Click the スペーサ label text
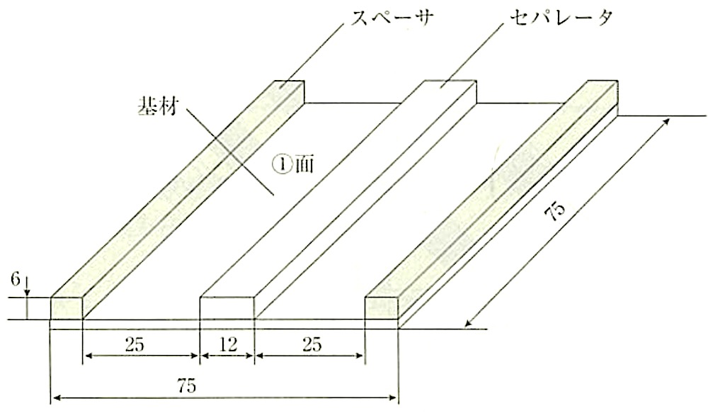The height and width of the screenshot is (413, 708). tap(393, 18)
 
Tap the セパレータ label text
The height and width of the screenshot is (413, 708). tap(561, 18)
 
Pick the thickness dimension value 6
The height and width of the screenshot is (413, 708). tap(16, 280)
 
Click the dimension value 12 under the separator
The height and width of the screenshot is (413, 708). tap(229, 345)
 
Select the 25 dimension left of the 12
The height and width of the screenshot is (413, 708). tap(135, 345)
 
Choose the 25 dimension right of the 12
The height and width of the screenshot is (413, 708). tap(312, 345)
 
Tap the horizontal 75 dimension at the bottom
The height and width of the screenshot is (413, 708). tap(186, 386)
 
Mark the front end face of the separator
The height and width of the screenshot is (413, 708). tap(227, 308)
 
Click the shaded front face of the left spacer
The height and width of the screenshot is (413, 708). tap(67, 308)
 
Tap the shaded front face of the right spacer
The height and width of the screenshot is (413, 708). tap(381, 308)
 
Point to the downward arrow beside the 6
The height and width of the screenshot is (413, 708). tap(27, 286)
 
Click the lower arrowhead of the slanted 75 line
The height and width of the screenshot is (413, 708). tap(469, 322)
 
